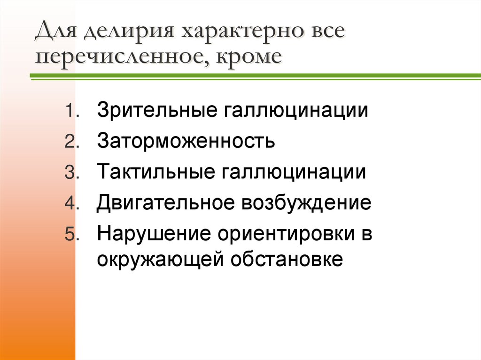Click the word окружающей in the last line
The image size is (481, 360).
pyautogui.click(x=162, y=259)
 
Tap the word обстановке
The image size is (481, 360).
pyautogui.click(x=287, y=259)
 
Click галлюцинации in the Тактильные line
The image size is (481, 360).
pyautogui.click(x=292, y=172)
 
